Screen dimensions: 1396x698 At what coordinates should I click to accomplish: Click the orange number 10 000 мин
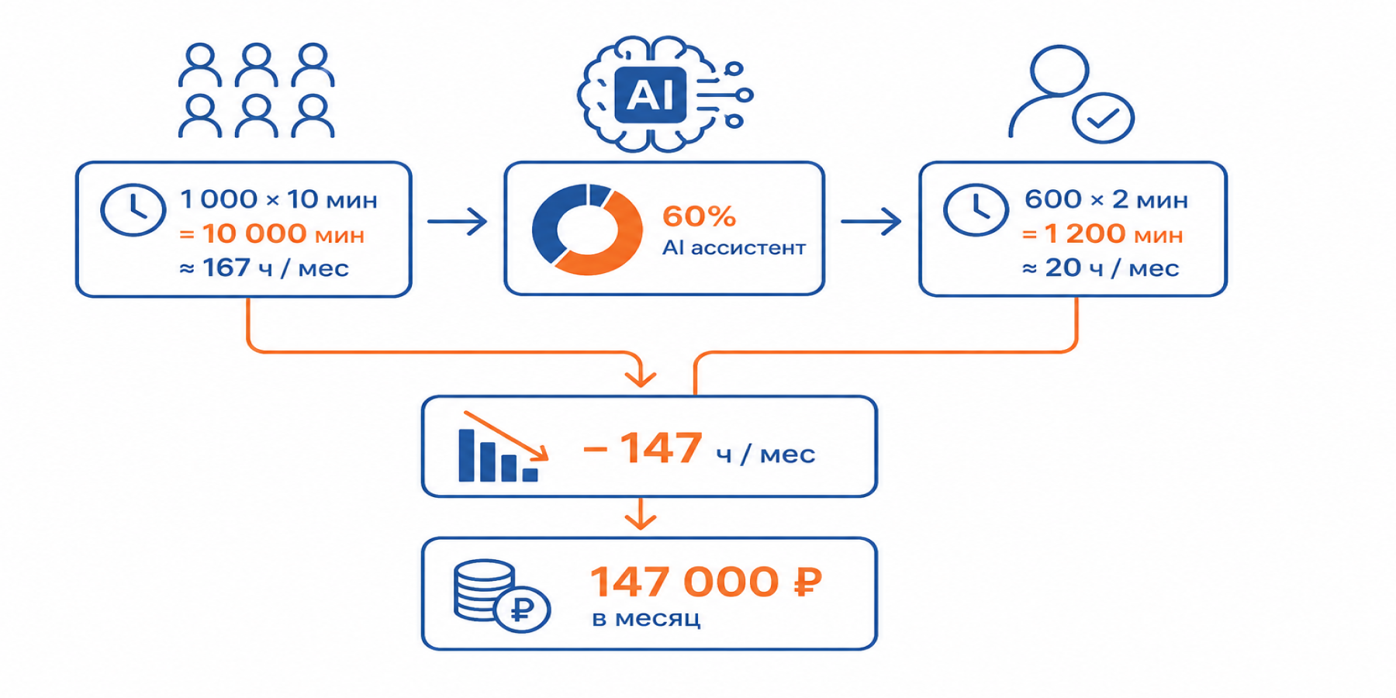click(x=284, y=233)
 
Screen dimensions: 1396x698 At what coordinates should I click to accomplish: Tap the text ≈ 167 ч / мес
click(x=264, y=268)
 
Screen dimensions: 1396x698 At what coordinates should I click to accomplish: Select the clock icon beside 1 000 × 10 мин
click(x=133, y=209)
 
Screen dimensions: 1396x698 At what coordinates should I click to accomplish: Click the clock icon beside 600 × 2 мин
click(x=976, y=209)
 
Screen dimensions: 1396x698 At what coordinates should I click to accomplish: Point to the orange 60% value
click(x=699, y=216)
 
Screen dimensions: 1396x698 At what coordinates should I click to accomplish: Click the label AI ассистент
click(x=734, y=247)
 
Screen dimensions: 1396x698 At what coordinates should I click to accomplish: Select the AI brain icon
click(x=665, y=94)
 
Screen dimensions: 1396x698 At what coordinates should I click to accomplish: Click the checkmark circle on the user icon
click(x=1103, y=118)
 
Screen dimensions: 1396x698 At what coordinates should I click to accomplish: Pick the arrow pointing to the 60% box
click(x=458, y=222)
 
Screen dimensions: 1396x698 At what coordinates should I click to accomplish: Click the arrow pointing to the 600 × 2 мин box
click(x=871, y=222)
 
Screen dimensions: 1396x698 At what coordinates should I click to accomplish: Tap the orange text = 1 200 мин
click(x=1102, y=233)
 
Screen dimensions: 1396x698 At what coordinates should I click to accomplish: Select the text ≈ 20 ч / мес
click(x=1101, y=268)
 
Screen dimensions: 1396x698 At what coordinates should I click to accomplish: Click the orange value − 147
click(x=643, y=447)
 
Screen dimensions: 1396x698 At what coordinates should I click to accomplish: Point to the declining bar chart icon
click(x=503, y=446)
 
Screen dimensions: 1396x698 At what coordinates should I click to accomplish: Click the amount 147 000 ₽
click(x=706, y=582)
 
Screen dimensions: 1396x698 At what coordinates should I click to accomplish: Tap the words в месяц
click(x=646, y=618)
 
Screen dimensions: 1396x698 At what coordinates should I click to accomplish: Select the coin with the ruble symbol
click(x=522, y=609)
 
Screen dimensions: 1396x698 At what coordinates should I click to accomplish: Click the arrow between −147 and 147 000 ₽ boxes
click(x=641, y=513)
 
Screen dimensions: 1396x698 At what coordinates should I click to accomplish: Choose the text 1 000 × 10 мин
click(x=278, y=199)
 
